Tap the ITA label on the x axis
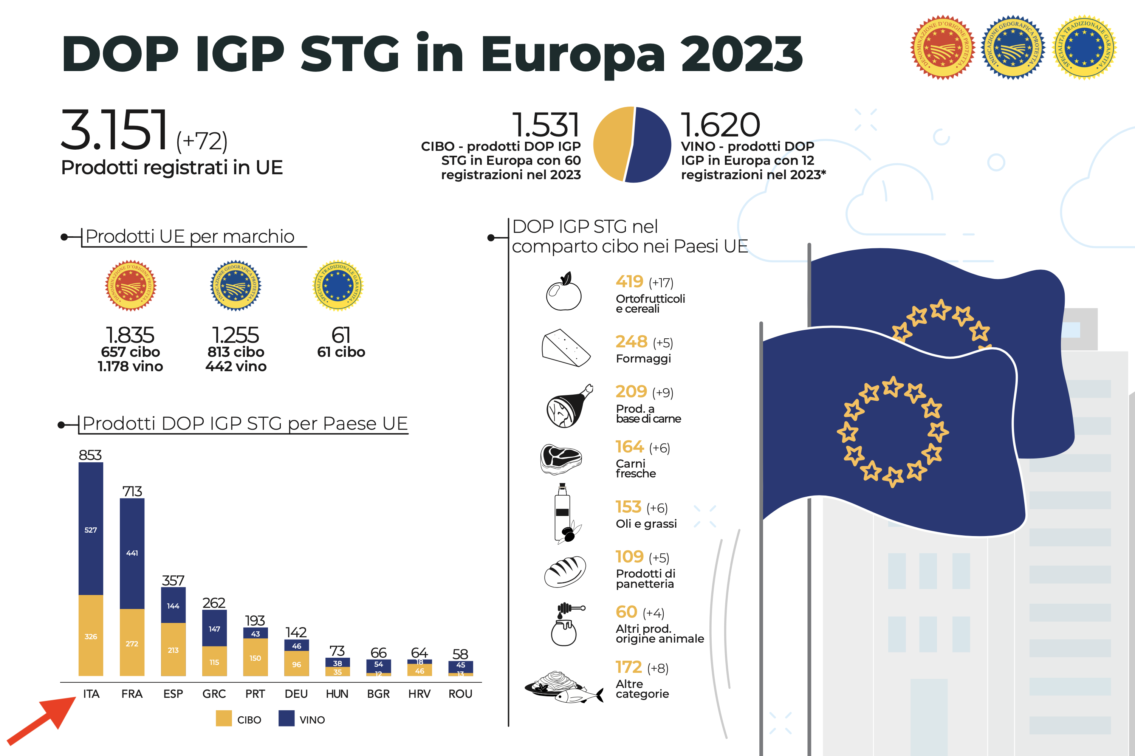click(x=91, y=694)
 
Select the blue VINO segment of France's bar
click(x=132, y=553)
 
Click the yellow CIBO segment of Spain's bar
click(x=173, y=649)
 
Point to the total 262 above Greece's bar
click(x=214, y=603)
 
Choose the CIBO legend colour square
click(x=224, y=719)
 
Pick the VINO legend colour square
click(x=286, y=719)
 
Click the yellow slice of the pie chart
click(x=611, y=144)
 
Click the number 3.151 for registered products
click(x=114, y=130)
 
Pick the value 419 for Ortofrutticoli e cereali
click(x=629, y=281)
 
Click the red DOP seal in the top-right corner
click(x=942, y=48)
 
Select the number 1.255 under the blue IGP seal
click(x=236, y=335)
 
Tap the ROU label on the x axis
click(x=460, y=694)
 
